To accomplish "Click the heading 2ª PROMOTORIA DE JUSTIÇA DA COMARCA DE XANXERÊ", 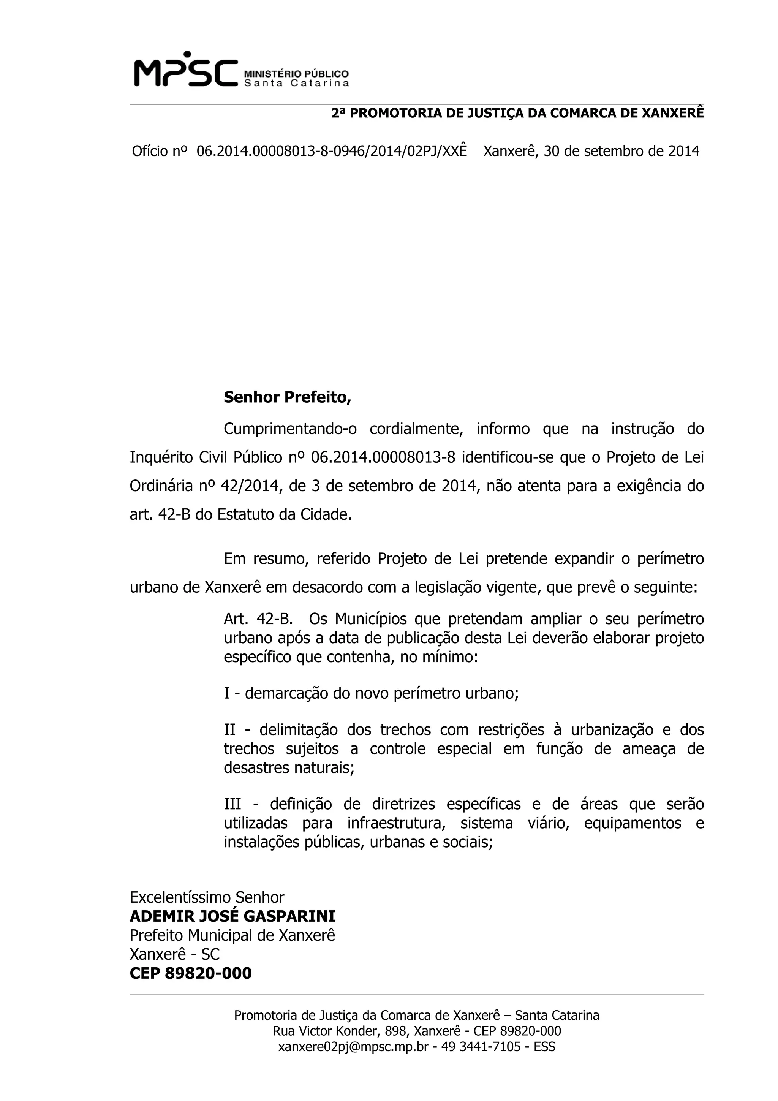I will pos(518,113).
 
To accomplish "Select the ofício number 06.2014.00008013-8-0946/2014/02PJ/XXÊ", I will pos(331,152).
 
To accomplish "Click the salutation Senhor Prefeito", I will pos(287,397).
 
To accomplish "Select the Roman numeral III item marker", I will pos(232,804).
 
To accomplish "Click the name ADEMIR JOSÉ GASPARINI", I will pos(232,916).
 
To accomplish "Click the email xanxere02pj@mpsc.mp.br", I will pos(353,1047).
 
